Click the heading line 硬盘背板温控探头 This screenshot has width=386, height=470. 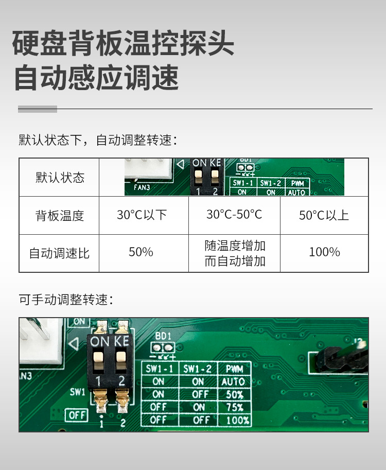click(123, 44)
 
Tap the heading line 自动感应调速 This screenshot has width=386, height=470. click(96, 78)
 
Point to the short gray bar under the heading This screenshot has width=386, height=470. click(38, 109)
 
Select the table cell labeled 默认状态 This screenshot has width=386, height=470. click(60, 178)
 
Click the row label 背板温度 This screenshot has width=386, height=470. click(60, 215)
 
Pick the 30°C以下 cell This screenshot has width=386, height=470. click(142, 215)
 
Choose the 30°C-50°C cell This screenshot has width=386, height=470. click(234, 214)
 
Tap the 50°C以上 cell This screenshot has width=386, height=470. click(324, 215)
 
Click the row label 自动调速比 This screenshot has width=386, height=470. click(59, 253)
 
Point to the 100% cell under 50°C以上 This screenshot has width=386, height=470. click(324, 252)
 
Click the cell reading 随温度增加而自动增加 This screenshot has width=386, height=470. click(235, 253)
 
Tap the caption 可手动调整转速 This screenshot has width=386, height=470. click(65, 300)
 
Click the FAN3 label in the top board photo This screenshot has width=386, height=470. click(142, 188)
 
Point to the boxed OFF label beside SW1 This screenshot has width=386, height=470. click(77, 414)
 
